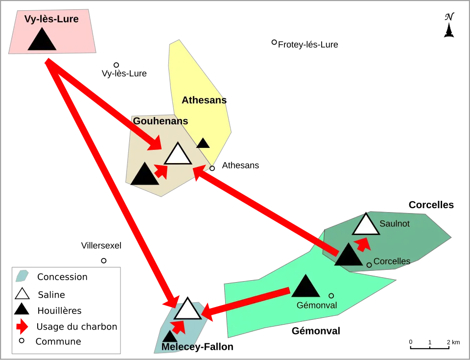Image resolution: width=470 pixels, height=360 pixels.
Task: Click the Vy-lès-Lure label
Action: point(51,20)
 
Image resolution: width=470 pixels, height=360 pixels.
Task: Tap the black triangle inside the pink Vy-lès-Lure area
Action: point(42,40)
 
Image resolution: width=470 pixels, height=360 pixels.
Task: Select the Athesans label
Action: point(204,100)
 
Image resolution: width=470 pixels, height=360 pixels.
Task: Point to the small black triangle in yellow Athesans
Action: point(203,143)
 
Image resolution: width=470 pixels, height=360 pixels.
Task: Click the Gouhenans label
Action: point(161,121)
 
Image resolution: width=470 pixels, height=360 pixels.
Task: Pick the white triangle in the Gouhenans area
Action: point(178,154)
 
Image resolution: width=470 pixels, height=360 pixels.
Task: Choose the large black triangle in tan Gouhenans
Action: point(145,175)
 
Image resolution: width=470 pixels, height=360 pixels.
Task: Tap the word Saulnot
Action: point(395,224)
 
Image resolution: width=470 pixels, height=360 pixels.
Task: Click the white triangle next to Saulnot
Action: point(365,225)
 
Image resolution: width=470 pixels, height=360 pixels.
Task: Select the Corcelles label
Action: point(392,262)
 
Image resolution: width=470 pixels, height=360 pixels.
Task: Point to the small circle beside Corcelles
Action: point(369,265)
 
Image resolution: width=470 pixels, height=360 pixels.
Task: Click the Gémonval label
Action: point(317,305)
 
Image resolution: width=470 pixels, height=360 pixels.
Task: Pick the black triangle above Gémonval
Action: point(305,287)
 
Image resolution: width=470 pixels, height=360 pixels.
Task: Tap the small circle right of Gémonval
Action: point(331,296)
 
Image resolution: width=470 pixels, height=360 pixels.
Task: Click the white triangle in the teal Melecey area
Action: point(188,310)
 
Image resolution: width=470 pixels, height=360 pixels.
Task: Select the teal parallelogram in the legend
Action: point(23,276)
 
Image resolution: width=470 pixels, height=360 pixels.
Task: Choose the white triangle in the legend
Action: point(22,294)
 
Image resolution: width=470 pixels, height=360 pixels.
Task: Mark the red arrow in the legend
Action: point(22,327)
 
